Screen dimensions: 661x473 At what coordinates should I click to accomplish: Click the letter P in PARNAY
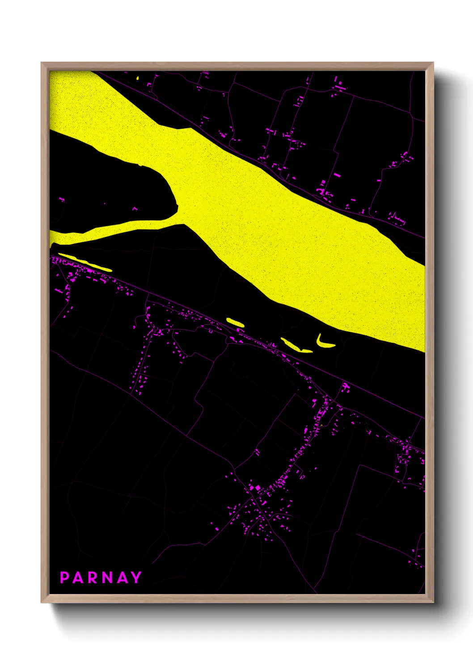click(x=64, y=577)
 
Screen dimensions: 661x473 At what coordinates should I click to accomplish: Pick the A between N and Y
click(x=122, y=577)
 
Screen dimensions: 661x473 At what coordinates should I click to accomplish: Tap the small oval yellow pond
click(x=235, y=322)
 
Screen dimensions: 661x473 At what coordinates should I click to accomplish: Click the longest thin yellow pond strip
click(x=85, y=263)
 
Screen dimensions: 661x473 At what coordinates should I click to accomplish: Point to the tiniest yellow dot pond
click(x=138, y=78)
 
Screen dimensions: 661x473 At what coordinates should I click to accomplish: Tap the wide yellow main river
click(x=268, y=223)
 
